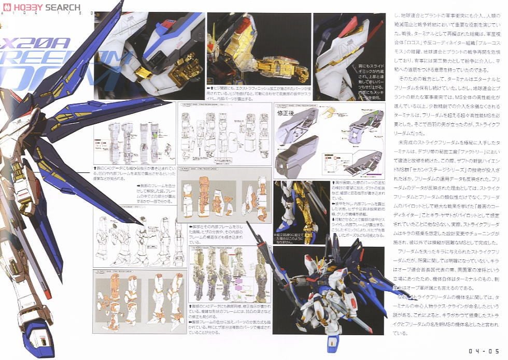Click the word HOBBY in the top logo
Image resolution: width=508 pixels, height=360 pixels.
point(26,8)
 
